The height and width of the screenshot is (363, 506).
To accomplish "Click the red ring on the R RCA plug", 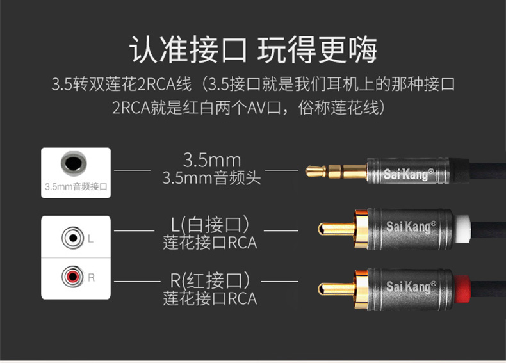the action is tap(462, 289).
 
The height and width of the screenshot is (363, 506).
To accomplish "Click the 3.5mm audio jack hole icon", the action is tap(74, 163).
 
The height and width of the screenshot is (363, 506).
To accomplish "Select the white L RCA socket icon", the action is tap(73, 238).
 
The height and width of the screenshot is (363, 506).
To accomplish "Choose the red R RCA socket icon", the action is tap(73, 277).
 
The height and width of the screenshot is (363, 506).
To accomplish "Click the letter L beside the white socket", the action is tap(91, 239).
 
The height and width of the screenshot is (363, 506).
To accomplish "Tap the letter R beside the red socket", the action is tap(92, 277).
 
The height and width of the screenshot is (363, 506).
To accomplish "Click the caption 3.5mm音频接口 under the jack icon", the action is tap(76, 186).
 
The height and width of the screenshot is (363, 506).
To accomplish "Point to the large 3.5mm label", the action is tap(212, 160).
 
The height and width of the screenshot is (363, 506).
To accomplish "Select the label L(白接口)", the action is tap(210, 225).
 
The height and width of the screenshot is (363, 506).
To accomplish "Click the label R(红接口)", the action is tap(210, 280).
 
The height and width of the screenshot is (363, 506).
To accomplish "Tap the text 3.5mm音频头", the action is tap(211, 178).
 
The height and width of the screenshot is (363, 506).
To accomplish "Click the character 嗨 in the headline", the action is tap(363, 49).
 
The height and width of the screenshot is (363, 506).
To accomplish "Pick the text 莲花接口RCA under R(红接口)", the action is tap(210, 298).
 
